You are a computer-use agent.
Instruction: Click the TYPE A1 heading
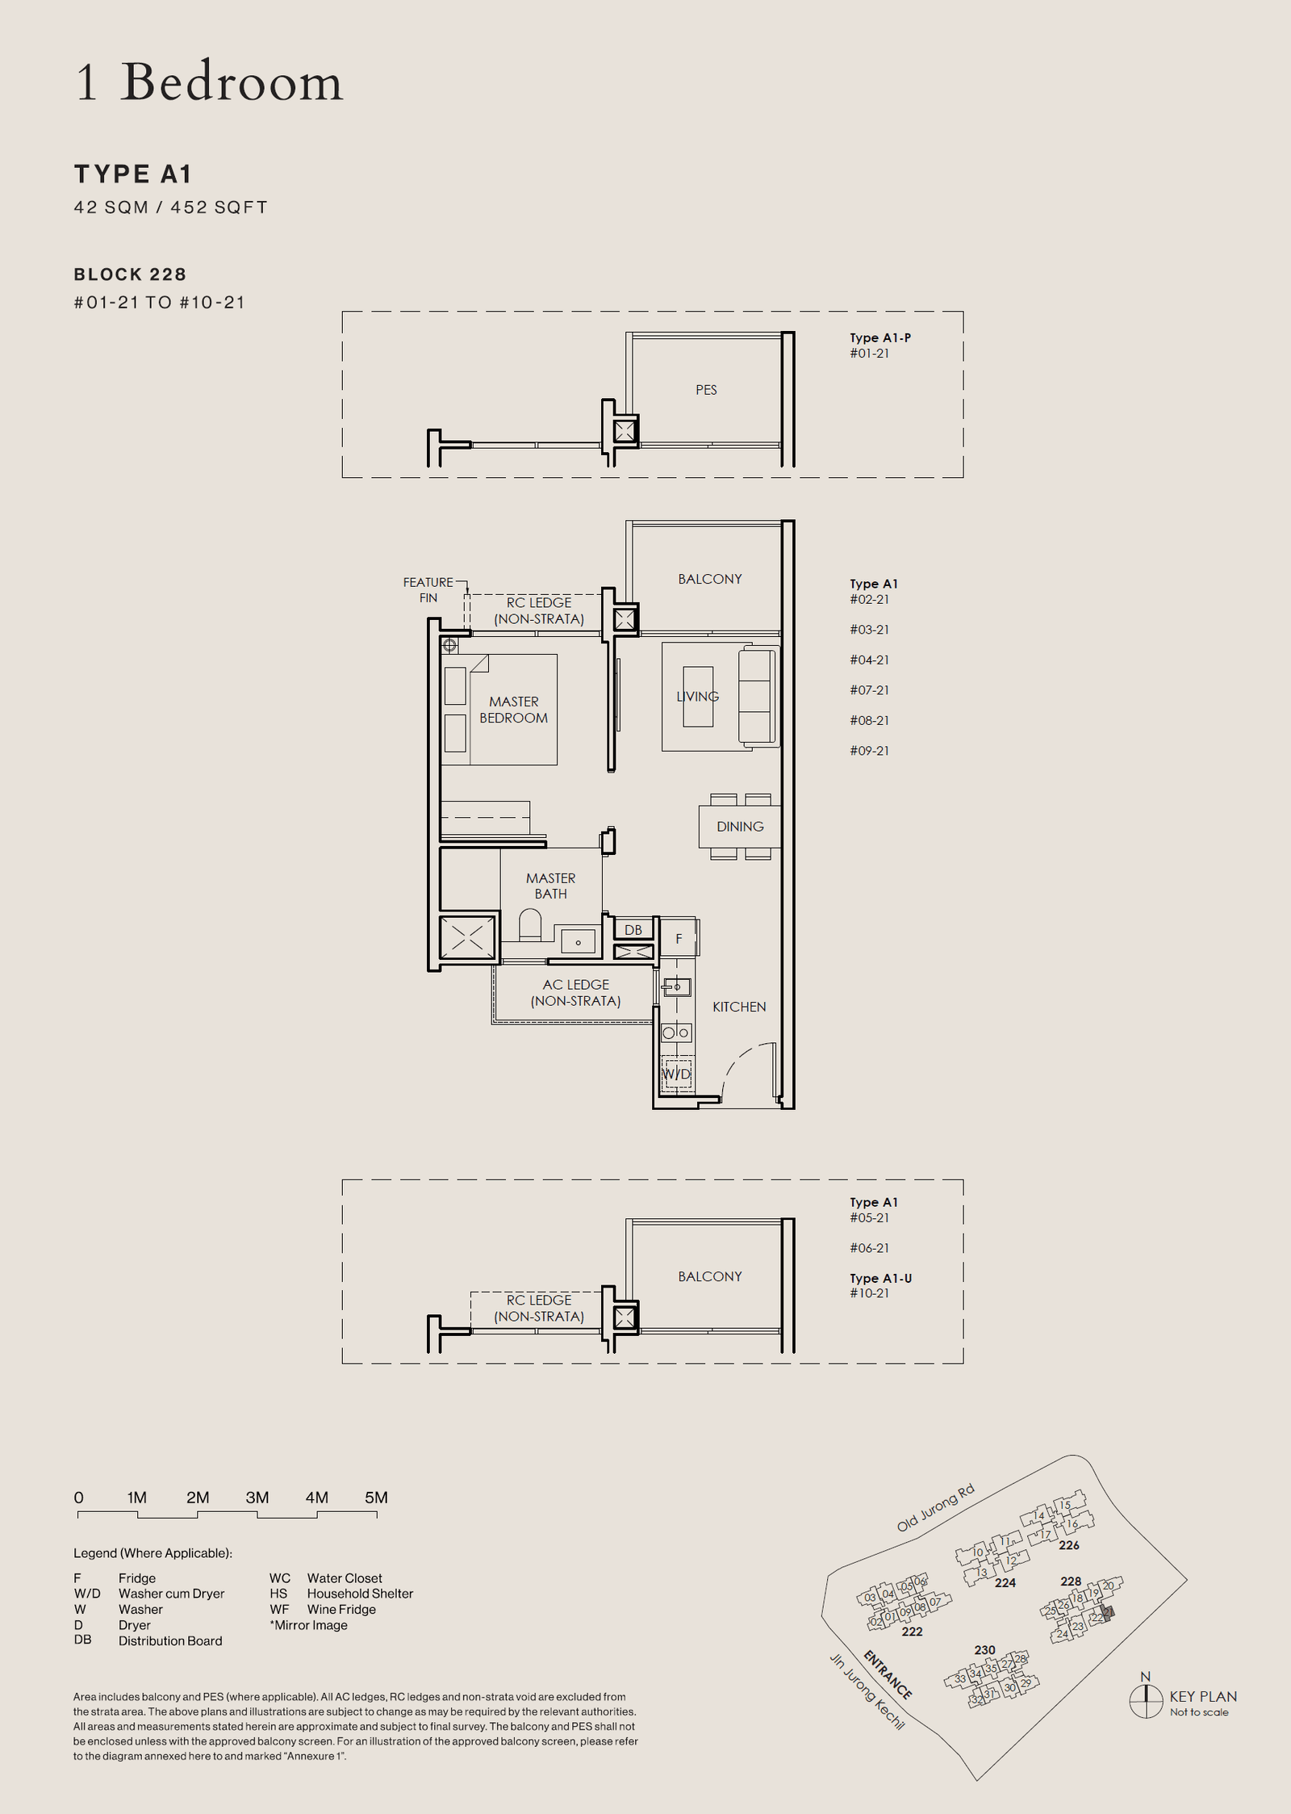point(133,174)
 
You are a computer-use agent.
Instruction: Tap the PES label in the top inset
point(706,390)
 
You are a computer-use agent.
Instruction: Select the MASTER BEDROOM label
point(513,710)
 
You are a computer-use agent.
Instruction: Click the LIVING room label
point(698,696)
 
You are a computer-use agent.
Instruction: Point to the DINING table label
point(739,827)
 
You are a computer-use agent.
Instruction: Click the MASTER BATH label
point(550,886)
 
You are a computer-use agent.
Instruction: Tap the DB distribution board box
point(633,930)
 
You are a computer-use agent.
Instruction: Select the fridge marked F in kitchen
point(679,938)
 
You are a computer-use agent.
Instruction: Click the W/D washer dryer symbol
point(676,1074)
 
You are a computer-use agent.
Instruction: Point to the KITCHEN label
point(739,1007)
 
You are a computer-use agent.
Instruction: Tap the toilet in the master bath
point(530,925)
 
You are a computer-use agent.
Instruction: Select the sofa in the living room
point(758,696)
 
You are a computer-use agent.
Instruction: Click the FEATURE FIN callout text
point(428,589)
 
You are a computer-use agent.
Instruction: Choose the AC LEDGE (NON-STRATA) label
point(575,993)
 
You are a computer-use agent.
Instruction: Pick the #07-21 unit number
point(869,690)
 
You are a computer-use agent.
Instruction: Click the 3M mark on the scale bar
point(257,1498)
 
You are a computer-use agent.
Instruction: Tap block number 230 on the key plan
point(984,1650)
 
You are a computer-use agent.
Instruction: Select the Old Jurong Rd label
point(935,1508)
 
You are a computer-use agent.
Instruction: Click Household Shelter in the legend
point(360,1594)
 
